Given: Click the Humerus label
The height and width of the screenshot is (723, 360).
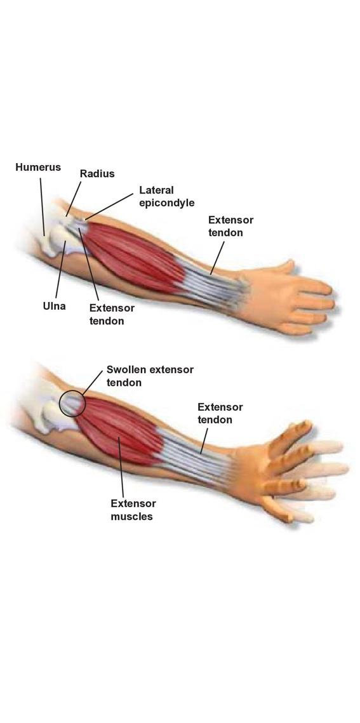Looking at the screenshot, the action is [38, 167].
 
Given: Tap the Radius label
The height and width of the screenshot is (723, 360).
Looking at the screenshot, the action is [97, 173].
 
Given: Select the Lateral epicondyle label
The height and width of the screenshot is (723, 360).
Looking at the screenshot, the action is [166, 196].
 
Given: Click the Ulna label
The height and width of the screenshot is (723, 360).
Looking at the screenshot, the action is [54, 305].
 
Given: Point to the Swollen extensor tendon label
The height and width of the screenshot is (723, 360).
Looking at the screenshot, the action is [150, 375].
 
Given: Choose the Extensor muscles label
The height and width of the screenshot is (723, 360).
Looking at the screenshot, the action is [133, 510].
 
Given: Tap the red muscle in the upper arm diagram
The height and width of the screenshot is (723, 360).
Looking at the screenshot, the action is [134, 258].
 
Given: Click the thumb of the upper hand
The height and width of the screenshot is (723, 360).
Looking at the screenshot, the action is [283, 267].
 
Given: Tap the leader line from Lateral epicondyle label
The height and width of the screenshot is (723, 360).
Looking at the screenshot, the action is [109, 206].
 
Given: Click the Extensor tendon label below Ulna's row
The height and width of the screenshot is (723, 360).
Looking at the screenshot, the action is [112, 314].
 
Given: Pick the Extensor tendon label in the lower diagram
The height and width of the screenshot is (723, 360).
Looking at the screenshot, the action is [220, 413].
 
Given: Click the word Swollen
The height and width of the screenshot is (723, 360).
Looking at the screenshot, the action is [124, 369].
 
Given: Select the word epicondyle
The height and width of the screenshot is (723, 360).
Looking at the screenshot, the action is [166, 202].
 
